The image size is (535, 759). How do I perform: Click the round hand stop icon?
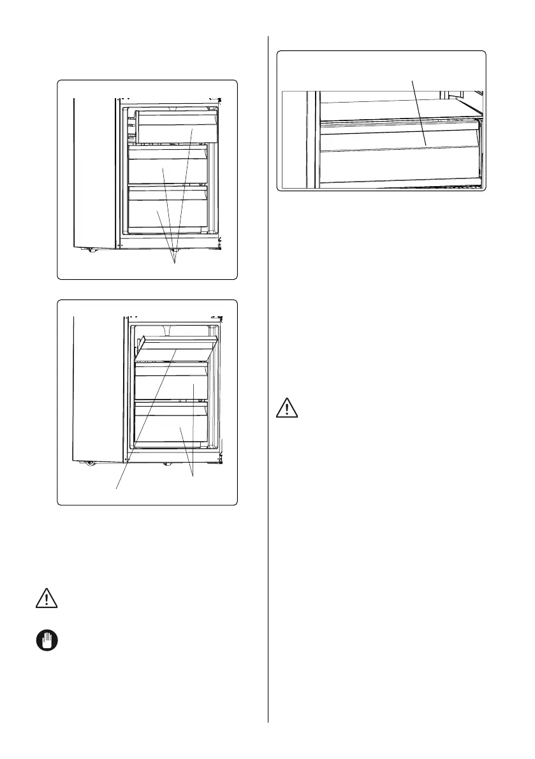42,640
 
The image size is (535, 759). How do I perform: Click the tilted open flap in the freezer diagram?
177,347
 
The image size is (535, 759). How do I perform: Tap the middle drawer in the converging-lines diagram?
167,169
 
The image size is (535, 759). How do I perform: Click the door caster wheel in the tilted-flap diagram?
89,463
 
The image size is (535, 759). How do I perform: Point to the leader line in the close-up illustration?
418,108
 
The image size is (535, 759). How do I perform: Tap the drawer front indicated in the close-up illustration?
399,137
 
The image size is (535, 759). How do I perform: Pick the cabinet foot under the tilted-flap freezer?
167,463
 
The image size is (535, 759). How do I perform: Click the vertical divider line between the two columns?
268,382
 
